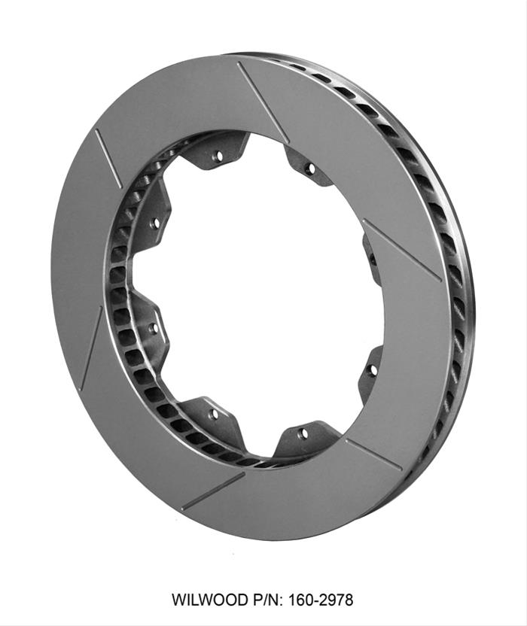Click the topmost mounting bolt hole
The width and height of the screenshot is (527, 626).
(218, 156)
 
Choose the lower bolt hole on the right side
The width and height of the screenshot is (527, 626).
(371, 370)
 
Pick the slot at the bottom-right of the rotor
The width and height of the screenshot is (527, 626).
(373, 454)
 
